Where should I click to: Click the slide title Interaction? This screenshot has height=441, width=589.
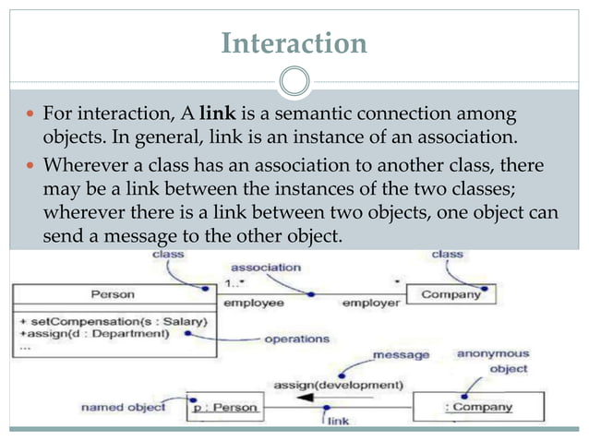(294, 42)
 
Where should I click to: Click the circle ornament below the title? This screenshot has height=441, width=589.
(294, 82)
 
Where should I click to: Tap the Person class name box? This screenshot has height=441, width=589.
(113, 295)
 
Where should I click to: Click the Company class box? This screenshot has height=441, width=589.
(451, 295)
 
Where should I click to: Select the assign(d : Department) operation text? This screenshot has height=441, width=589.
(105, 332)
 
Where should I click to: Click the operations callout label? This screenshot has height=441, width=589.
(296, 339)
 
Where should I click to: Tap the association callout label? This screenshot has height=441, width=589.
(266, 267)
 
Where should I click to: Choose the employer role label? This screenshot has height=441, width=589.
(371, 302)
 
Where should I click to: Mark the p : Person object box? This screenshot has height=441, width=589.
(224, 405)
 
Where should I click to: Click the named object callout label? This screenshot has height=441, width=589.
(123, 406)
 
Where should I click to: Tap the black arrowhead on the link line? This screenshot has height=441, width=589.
(302, 399)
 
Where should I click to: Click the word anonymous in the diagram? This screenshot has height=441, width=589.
(492, 353)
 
